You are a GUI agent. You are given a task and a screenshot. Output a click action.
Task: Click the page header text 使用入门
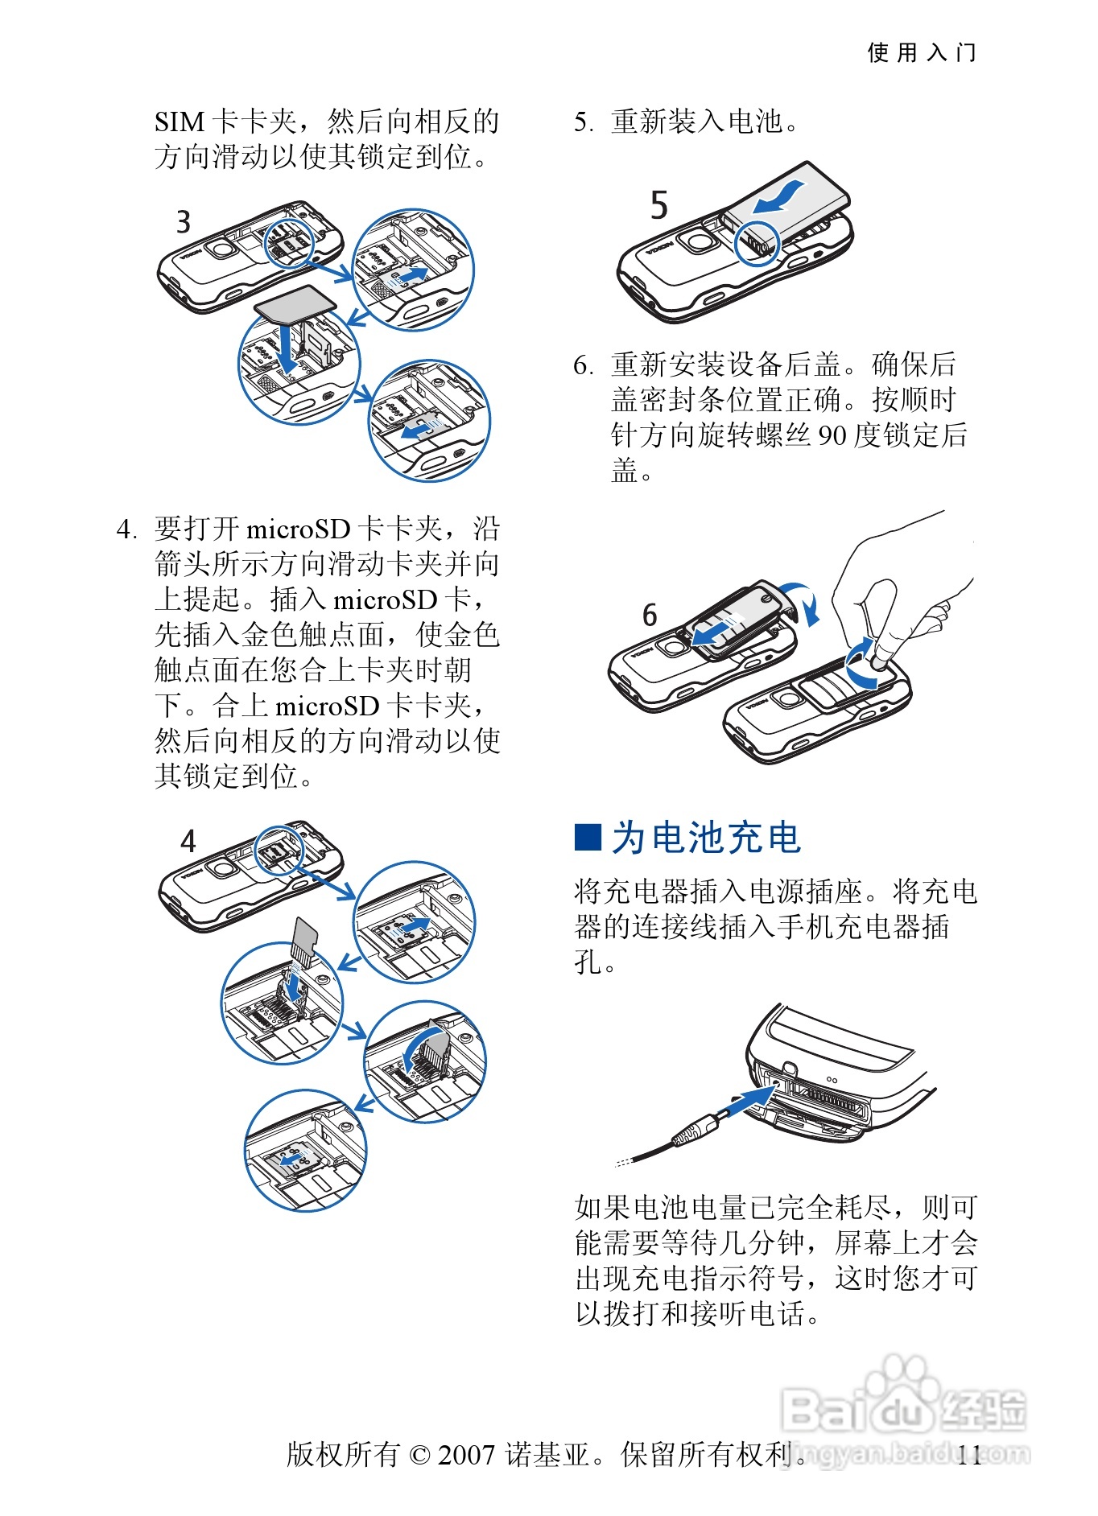point(921,53)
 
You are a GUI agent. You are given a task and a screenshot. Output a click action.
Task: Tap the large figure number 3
point(184,222)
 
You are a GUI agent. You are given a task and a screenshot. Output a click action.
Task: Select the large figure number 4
point(188,842)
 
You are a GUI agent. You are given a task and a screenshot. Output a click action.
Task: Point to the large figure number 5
point(659,205)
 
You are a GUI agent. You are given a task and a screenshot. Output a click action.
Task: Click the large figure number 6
point(650,616)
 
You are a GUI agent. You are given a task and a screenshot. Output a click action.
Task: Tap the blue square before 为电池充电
point(588,837)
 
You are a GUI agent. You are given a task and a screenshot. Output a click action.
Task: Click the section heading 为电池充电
point(706,838)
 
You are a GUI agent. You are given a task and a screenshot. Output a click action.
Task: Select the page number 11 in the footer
point(969,1455)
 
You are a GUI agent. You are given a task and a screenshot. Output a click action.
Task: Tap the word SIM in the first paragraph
point(180,122)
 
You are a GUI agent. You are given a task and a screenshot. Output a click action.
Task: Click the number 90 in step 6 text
point(832,435)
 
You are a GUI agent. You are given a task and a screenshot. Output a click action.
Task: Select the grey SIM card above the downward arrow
point(295,303)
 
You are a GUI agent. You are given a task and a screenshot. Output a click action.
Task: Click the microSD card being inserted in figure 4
point(305,938)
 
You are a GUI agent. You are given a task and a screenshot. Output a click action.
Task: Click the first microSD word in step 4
point(298,529)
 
